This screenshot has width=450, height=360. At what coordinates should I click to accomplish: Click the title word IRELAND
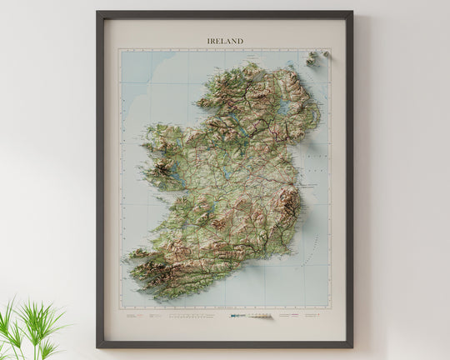(x=225, y=40)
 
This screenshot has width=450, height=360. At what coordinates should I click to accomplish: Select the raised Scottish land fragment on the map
(x=313, y=57)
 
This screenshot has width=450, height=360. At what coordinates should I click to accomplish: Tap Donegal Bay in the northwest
(x=208, y=108)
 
